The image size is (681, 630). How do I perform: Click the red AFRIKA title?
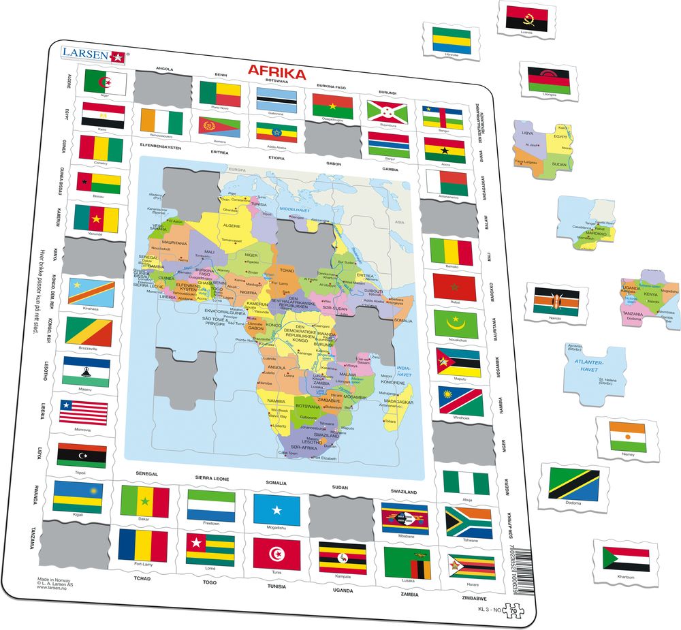click(x=276, y=72)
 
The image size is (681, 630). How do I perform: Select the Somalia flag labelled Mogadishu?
click(x=276, y=509)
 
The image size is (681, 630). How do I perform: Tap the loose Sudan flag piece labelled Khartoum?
click(x=626, y=558)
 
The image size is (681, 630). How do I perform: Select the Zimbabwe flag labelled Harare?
click(x=471, y=567)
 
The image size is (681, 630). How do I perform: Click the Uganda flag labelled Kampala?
click(x=343, y=558)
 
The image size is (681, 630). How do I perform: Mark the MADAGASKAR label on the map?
click(x=399, y=402)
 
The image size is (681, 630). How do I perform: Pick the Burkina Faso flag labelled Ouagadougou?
click(x=332, y=105)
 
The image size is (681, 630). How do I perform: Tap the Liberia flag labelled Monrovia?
click(x=82, y=413)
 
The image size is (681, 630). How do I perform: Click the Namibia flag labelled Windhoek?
click(x=460, y=401)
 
